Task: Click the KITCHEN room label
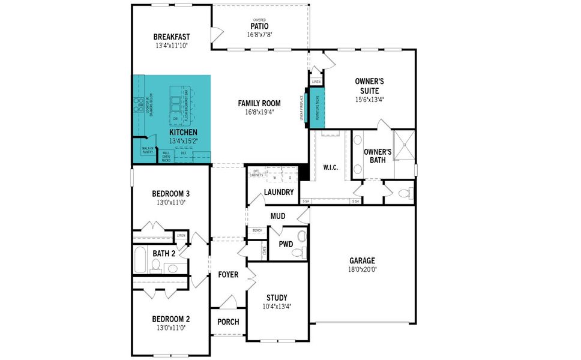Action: coord(183,133)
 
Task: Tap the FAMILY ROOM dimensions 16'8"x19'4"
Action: coord(259,112)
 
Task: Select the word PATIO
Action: coord(259,26)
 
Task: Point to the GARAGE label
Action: coord(362,260)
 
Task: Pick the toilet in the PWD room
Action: coord(298,253)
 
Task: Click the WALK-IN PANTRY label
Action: coord(148,150)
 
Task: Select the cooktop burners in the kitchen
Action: coord(137,103)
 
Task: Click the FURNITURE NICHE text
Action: coord(316,107)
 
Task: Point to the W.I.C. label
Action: coord(330,167)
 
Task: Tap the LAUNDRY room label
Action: coord(279,193)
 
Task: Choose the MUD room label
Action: coord(277,216)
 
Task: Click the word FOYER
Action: coord(228,275)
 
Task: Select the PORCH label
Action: coord(228,322)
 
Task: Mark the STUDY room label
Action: coord(277,298)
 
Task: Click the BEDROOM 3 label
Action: coord(171,194)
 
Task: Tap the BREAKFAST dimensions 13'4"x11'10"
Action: coord(172,46)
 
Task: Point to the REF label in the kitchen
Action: coord(183,154)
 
